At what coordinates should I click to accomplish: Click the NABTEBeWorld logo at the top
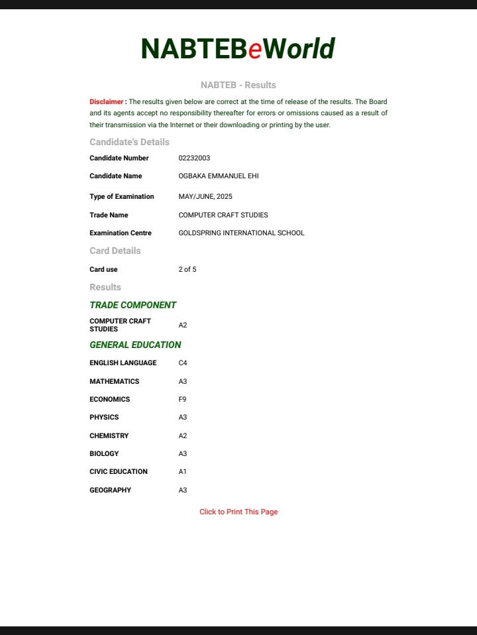tap(238, 49)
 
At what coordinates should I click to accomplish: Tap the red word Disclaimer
tap(107, 102)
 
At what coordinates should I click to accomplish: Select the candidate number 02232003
tap(194, 158)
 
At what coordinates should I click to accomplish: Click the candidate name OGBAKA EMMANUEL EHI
tap(219, 176)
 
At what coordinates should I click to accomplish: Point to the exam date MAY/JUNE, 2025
tap(205, 197)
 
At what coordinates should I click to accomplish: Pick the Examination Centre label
tap(121, 233)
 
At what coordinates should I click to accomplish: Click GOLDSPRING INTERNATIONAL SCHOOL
tap(241, 233)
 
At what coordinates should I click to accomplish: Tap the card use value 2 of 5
tap(187, 270)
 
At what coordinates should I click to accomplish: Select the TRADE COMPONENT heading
tap(132, 306)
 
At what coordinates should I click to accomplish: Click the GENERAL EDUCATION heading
tap(135, 345)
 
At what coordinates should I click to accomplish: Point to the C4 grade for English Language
tap(183, 363)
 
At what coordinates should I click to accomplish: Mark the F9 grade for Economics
tap(183, 400)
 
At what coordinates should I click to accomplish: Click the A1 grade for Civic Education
tap(183, 472)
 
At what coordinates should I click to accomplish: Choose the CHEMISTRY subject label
tap(109, 436)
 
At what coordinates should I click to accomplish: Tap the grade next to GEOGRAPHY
tap(183, 491)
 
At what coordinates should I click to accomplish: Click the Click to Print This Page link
tap(238, 512)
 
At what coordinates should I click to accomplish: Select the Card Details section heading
tap(115, 251)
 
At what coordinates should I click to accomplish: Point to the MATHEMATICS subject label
tap(115, 382)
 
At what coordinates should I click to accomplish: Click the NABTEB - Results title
tap(238, 86)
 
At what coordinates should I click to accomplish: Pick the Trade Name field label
tap(109, 215)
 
